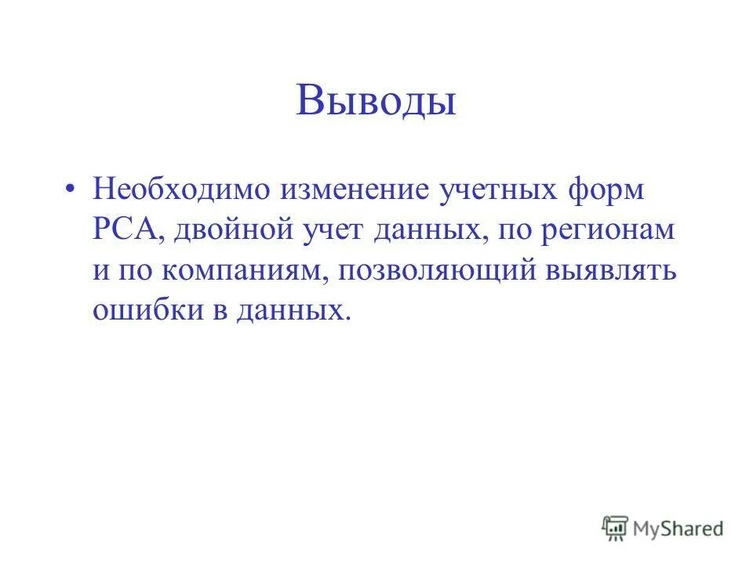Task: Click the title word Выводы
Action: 376,103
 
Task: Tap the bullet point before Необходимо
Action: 71,191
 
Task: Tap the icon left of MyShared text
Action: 615,529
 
